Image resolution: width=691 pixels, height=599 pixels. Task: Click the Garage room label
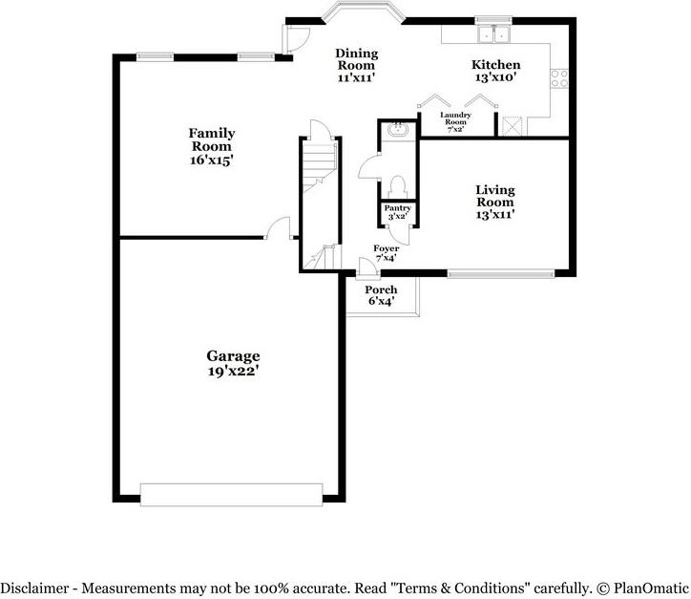(233, 363)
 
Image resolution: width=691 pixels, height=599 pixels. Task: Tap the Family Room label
(212, 146)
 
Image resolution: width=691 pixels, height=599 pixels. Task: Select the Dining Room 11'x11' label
(357, 65)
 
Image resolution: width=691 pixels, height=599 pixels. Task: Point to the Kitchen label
(495, 71)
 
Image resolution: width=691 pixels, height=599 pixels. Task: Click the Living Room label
(495, 202)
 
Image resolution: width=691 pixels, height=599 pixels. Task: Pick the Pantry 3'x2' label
(397, 212)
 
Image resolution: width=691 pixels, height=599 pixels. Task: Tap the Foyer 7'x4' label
(386, 253)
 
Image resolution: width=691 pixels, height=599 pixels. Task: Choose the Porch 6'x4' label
(381, 295)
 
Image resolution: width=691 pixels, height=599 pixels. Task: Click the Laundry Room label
(455, 121)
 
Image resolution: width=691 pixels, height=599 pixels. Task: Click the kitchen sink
(493, 34)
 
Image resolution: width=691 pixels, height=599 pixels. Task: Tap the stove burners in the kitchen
(559, 78)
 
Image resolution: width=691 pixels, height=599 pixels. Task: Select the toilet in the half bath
(397, 187)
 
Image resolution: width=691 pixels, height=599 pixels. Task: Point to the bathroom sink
(397, 129)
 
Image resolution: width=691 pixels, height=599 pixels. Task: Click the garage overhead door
(231, 495)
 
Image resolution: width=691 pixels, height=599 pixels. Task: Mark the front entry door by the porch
(367, 268)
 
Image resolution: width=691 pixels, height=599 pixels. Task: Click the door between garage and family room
(279, 228)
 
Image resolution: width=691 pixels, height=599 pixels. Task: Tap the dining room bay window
(364, 11)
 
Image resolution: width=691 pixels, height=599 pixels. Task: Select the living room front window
(501, 274)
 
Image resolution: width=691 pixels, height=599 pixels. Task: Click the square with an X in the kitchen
(513, 126)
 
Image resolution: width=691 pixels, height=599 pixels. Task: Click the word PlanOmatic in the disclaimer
(651, 588)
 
